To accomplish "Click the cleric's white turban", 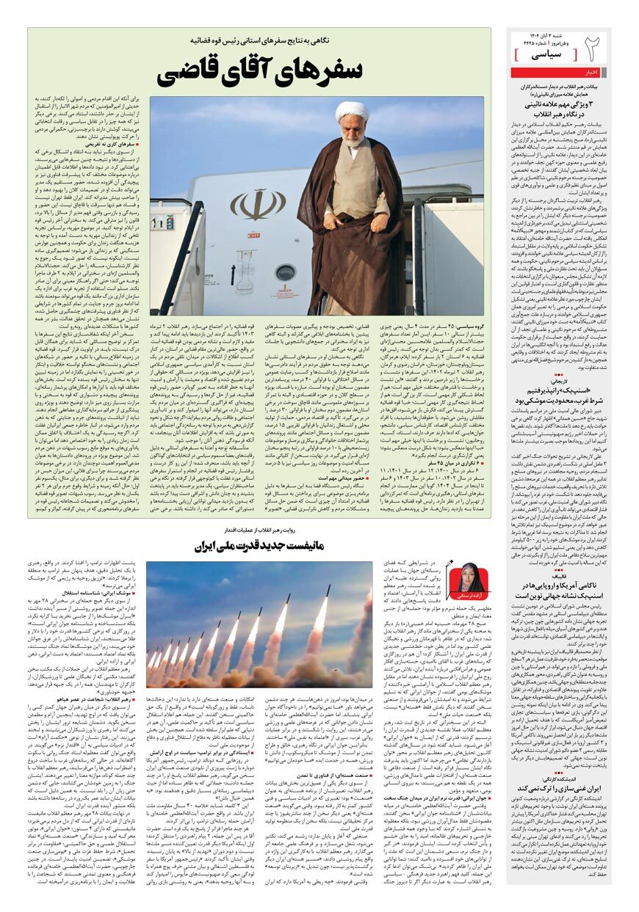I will tap(352, 112).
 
